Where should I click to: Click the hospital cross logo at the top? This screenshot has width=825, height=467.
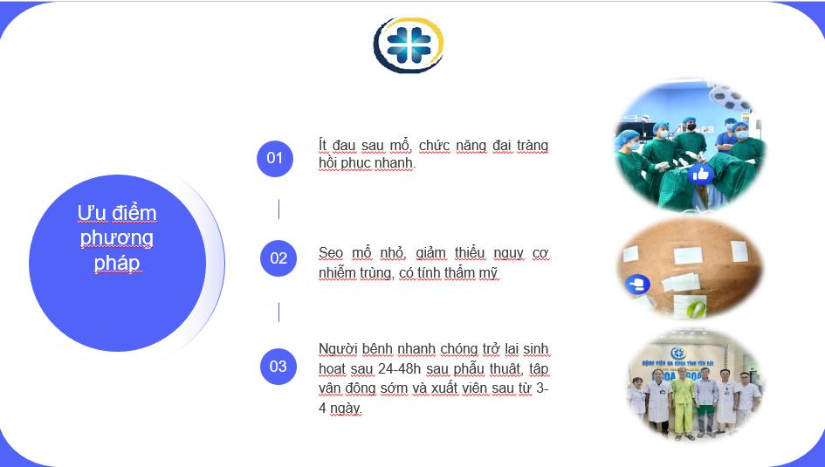[x=409, y=45]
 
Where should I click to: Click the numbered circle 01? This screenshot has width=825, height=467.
[x=275, y=158]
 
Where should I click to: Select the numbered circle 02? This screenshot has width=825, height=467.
[x=278, y=258]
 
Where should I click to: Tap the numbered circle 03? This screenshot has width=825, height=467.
[x=278, y=367]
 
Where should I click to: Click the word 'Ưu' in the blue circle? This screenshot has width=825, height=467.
[x=92, y=213]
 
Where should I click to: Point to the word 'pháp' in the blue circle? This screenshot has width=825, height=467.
[x=117, y=263]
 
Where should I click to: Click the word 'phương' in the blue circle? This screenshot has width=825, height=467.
[x=117, y=238]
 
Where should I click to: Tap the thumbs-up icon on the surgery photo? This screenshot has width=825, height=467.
[x=701, y=174]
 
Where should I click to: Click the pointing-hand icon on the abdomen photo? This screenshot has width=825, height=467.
[x=637, y=285]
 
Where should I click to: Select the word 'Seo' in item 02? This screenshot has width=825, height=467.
[x=330, y=253]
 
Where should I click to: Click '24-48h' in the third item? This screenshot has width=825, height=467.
[x=399, y=368]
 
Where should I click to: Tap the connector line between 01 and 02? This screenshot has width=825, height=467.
[x=278, y=209]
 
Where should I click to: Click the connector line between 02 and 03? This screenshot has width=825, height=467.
[x=278, y=312]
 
